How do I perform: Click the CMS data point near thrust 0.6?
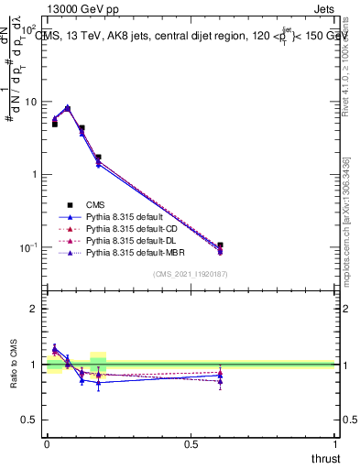(220, 245)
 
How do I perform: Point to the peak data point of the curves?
(68, 108)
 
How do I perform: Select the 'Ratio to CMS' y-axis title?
(13, 365)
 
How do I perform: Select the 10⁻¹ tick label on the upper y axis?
(29, 248)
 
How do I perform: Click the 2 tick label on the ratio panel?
(35, 310)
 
